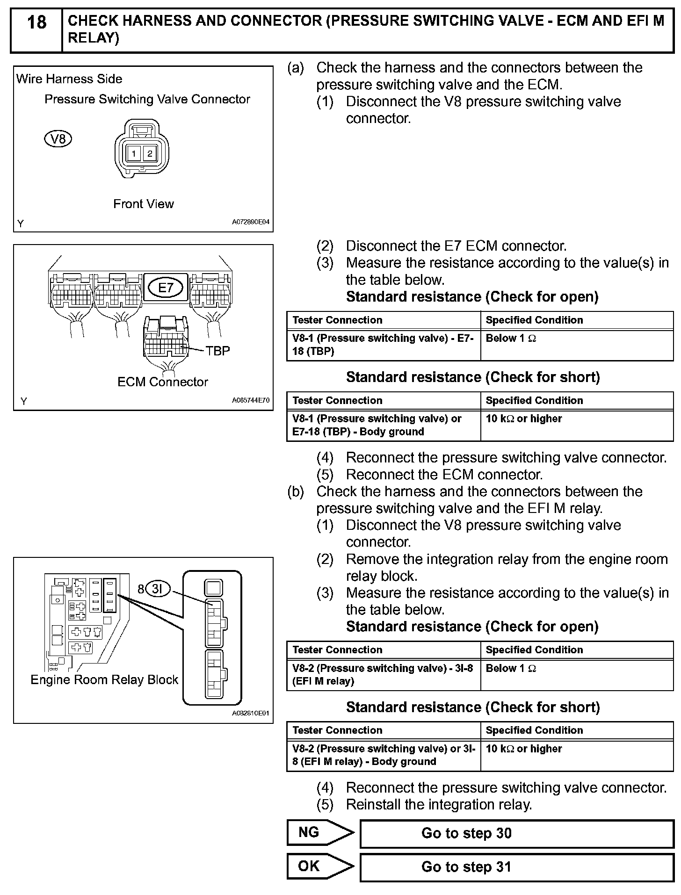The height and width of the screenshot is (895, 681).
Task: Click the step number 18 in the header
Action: click(36, 22)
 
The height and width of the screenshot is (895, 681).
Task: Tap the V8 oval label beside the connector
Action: click(58, 139)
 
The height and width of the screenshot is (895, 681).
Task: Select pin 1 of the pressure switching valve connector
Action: click(134, 153)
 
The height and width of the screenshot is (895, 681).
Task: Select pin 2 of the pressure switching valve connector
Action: click(150, 153)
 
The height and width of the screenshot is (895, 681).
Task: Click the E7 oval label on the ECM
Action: click(166, 288)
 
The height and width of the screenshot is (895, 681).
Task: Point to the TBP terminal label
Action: click(217, 351)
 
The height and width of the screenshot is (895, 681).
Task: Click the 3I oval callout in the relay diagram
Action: click(157, 589)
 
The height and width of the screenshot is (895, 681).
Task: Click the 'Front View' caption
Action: click(144, 204)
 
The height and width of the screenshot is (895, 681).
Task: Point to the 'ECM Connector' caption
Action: click(163, 382)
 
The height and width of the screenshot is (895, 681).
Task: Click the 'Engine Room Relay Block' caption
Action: click(104, 679)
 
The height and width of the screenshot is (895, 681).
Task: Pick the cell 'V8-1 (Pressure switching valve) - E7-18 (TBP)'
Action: click(383, 345)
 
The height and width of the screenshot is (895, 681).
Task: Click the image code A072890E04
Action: click(251, 223)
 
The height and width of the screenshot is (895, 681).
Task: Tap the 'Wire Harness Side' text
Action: click(69, 79)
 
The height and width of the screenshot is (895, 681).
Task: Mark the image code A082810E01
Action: click(251, 714)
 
